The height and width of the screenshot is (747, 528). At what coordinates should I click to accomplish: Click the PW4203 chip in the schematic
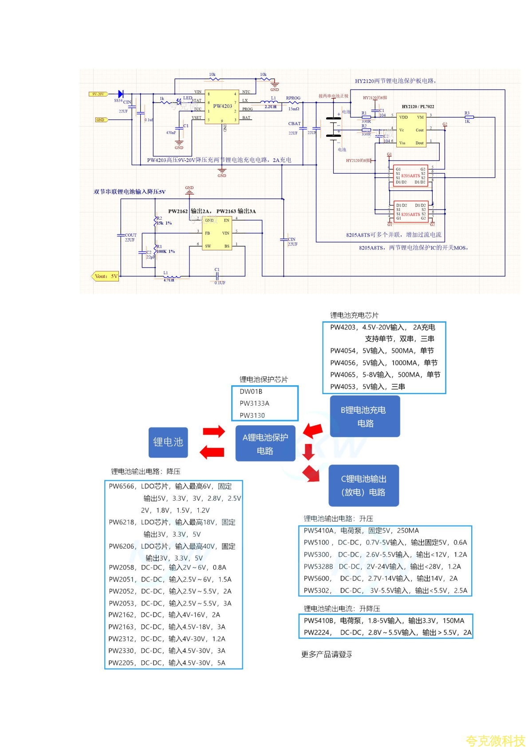(x=222, y=107)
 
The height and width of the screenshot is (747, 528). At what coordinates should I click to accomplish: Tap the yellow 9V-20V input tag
(x=98, y=94)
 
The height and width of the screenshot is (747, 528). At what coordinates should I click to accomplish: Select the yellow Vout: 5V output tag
(x=106, y=276)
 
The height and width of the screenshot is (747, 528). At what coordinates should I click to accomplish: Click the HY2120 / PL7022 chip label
(x=418, y=107)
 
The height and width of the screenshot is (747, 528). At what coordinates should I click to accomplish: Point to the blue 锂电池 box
(x=168, y=442)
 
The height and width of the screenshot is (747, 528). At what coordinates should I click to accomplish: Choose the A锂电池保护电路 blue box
(x=265, y=444)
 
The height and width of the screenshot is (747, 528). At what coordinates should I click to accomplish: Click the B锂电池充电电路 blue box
(x=365, y=416)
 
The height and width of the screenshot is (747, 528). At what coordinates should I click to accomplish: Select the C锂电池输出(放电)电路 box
(x=363, y=486)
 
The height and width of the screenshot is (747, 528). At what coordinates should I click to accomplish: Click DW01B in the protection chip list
(x=251, y=391)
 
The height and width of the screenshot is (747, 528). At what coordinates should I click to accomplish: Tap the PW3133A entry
(x=254, y=403)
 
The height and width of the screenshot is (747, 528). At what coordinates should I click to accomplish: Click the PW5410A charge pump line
(x=361, y=530)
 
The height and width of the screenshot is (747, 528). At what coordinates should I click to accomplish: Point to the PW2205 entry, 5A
(x=167, y=663)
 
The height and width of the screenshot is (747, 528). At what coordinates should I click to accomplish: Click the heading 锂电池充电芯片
(x=354, y=315)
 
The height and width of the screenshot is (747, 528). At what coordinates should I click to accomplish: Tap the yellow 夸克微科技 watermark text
(x=495, y=740)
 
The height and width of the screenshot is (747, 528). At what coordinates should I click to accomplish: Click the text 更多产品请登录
(x=327, y=654)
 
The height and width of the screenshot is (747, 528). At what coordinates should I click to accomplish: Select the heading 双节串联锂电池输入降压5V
(x=130, y=192)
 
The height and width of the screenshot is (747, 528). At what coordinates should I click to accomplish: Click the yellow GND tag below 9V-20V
(x=101, y=120)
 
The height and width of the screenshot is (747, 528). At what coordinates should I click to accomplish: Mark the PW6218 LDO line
(x=172, y=522)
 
